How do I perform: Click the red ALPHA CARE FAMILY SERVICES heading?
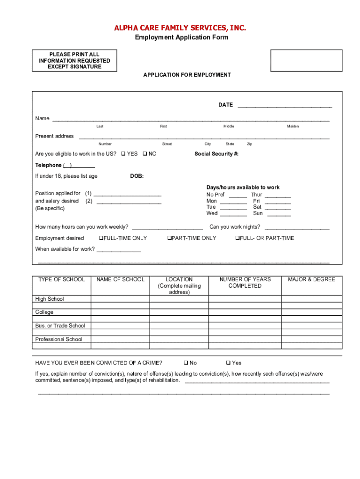tap(180, 28)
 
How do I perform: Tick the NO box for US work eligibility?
tap(144, 154)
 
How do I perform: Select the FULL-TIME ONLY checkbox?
tap(101, 238)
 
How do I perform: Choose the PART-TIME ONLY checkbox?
tap(169, 238)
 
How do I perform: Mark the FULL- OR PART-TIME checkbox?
tap(237, 238)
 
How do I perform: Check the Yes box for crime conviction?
tap(228, 363)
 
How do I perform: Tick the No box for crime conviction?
tap(186, 363)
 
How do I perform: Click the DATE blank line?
tap(285, 107)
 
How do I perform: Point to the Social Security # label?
tap(216, 154)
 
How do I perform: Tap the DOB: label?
tap(137, 176)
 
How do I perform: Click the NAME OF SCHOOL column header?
tap(121, 280)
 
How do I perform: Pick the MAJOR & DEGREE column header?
tap(311, 280)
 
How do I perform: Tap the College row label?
tap(44, 312)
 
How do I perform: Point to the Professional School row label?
tap(58, 340)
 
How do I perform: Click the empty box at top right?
tap(306, 60)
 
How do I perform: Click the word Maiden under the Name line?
tap(293, 126)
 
